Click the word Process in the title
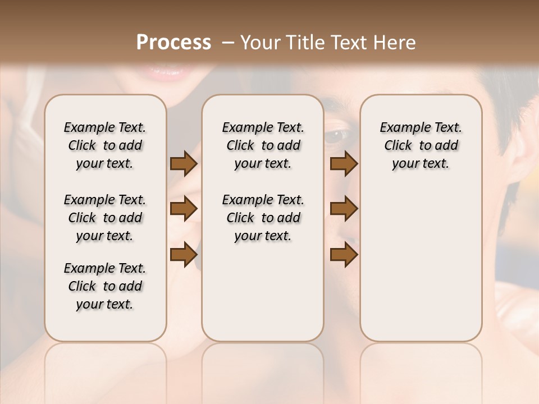(x=173, y=43)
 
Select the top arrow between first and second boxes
(x=184, y=164)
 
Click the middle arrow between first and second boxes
(x=184, y=209)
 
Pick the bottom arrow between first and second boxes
(x=184, y=255)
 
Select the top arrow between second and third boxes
(x=344, y=164)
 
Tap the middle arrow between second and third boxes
(x=344, y=209)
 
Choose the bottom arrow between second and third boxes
(x=344, y=255)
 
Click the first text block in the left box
(x=105, y=145)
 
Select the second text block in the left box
(x=105, y=218)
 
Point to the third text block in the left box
(x=105, y=286)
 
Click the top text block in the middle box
(x=263, y=145)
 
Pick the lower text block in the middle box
(x=263, y=218)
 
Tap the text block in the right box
(x=421, y=145)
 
